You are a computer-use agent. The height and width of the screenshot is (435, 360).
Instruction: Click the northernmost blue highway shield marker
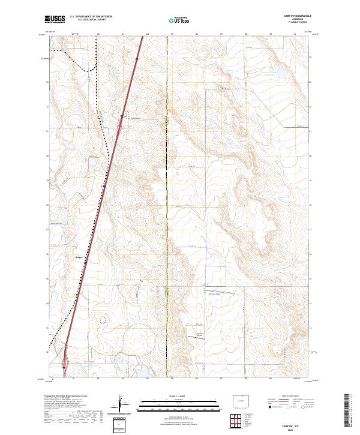[x=137, y=59]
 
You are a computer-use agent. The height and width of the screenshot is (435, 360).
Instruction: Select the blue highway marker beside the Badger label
[x=85, y=262]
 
